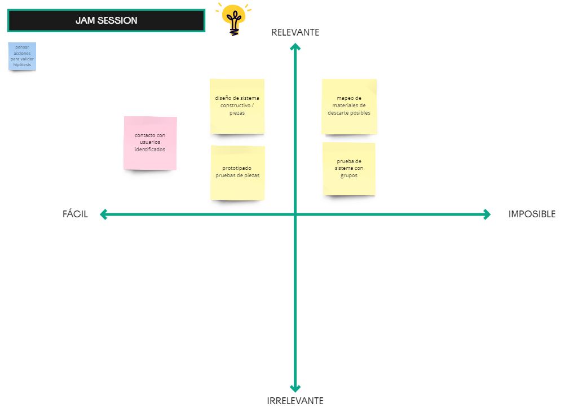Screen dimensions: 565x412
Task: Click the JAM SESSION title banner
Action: point(107,20)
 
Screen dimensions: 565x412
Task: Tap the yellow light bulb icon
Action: point(234,19)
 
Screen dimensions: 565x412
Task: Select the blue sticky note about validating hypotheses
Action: point(23,56)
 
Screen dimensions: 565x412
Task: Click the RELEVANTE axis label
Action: point(295,33)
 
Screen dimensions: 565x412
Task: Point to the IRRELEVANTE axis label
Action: point(295,401)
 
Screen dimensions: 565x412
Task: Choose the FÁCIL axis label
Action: point(75,214)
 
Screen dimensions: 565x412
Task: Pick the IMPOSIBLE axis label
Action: point(532,214)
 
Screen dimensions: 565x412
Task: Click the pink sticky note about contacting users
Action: point(150,143)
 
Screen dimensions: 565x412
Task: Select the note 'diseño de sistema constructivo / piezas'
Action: point(237,106)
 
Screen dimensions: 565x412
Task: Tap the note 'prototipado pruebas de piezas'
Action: point(237,173)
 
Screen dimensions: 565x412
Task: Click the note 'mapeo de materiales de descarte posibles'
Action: point(349,107)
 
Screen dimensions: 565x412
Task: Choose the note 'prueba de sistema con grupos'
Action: point(349,169)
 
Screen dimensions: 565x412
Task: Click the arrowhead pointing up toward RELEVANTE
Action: point(295,46)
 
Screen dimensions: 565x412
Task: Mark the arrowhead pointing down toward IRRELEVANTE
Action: point(295,388)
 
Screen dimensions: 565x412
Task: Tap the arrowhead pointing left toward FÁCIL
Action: point(104,214)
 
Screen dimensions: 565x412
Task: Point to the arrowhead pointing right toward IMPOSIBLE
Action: point(487,214)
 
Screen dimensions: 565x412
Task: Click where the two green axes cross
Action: point(295,214)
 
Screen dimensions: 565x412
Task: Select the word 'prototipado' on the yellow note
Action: point(237,168)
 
